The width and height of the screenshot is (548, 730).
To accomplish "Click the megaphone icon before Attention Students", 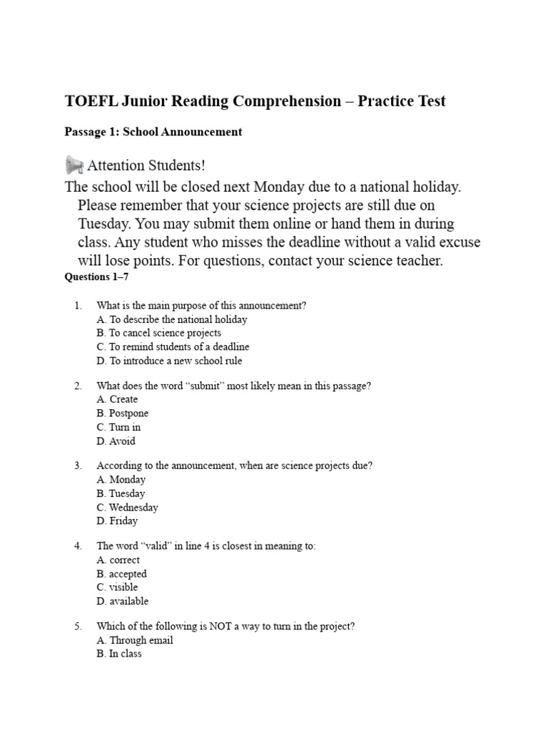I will click(x=74, y=165).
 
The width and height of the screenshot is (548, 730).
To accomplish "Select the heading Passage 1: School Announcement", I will click(x=153, y=132).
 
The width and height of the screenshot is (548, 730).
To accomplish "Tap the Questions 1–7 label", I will click(x=96, y=277).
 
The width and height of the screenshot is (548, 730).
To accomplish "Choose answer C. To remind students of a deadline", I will click(x=173, y=347).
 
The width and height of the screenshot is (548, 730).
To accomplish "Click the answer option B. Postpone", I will click(x=123, y=413).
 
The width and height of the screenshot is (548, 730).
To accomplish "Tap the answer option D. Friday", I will click(x=117, y=521).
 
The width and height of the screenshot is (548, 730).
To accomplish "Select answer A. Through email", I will click(x=135, y=640).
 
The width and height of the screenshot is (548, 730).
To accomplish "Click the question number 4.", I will click(x=78, y=546).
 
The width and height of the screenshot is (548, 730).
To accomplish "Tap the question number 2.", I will click(x=78, y=386).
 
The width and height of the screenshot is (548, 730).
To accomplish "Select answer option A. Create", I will click(x=117, y=399).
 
